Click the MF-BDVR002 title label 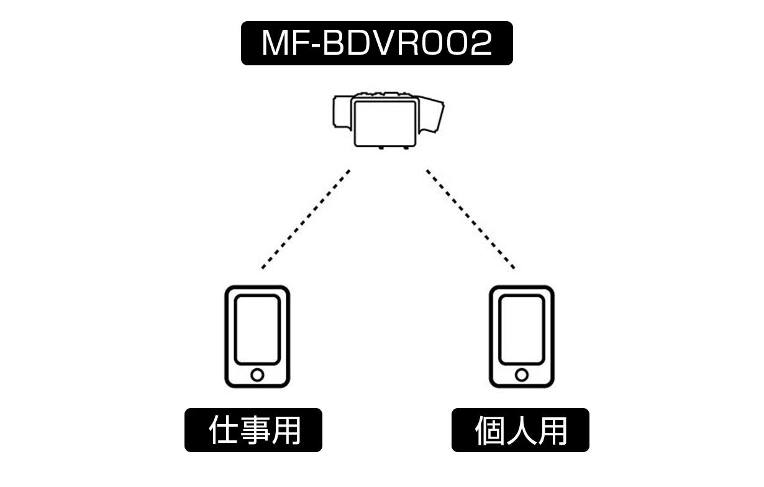coord(376,44)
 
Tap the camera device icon coord(388,119)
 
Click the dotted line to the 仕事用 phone coord(306,218)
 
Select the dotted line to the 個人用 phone coord(470,218)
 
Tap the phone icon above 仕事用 coord(257,336)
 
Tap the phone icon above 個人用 coord(522,336)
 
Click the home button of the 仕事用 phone coord(257,375)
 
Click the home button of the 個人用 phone coord(522,375)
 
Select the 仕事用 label coord(253,430)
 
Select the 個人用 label coord(521,430)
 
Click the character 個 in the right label coord(490,430)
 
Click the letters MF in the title coord(283,44)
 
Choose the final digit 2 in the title coord(478,44)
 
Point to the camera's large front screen coord(385,121)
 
